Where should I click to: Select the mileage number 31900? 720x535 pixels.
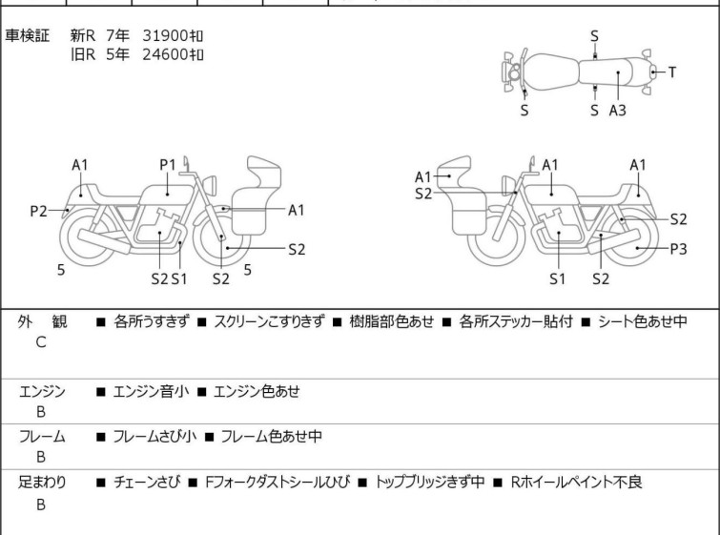pos(161,35)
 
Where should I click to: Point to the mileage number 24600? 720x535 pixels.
pos(161,54)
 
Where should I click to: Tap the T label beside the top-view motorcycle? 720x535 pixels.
pos(672,72)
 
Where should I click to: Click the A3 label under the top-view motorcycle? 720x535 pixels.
pos(618,111)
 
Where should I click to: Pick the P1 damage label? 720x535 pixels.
pos(168,165)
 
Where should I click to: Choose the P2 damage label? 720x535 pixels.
pos(37,211)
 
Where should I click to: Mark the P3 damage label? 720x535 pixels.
pos(678,249)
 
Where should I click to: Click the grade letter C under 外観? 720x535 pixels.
pos(41,341)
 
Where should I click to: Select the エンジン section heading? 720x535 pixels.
pos(42,391)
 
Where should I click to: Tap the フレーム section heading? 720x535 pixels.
pos(42,437)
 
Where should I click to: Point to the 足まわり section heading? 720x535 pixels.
pos(42,483)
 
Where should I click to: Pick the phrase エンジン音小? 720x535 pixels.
pos(151,391)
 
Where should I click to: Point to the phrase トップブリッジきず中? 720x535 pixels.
pos(430,483)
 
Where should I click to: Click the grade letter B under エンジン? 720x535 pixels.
pos(41,411)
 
